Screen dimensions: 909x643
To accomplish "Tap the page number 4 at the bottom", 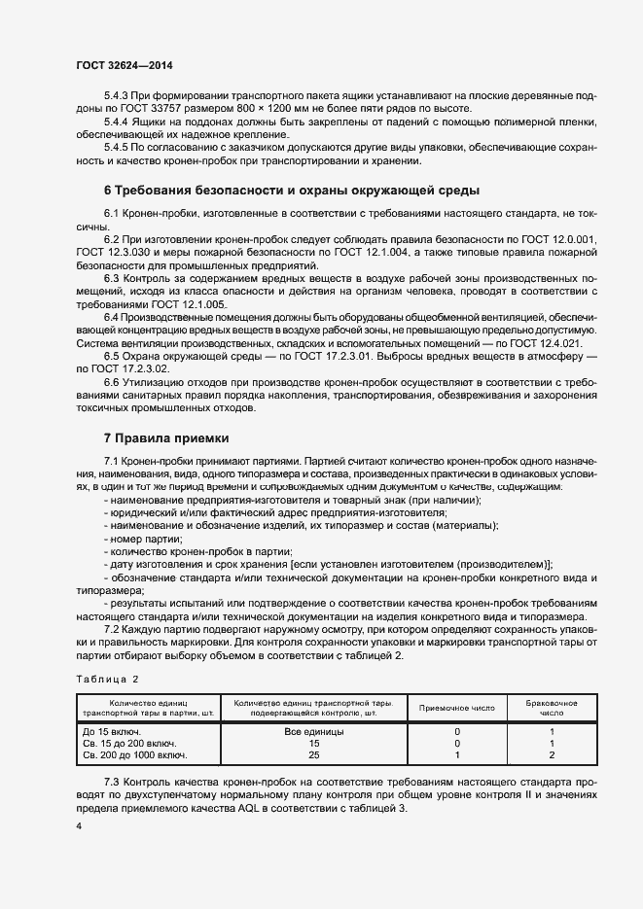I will click(x=79, y=825).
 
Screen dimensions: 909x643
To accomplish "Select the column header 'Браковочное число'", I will click(x=552, y=707).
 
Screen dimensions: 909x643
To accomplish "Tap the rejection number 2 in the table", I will click(x=552, y=754).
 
